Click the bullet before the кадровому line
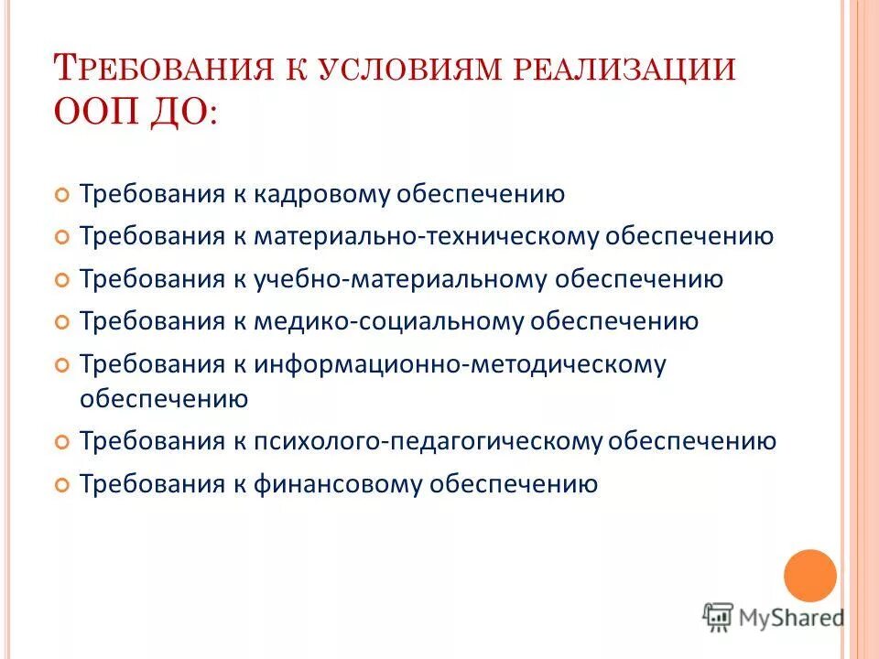coord(62,195)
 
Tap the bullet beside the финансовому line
coord(62,484)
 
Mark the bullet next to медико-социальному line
coord(62,322)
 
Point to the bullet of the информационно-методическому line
coord(62,364)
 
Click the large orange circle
coord(810,576)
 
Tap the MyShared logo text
coord(792,617)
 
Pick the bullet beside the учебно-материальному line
coord(62,279)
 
